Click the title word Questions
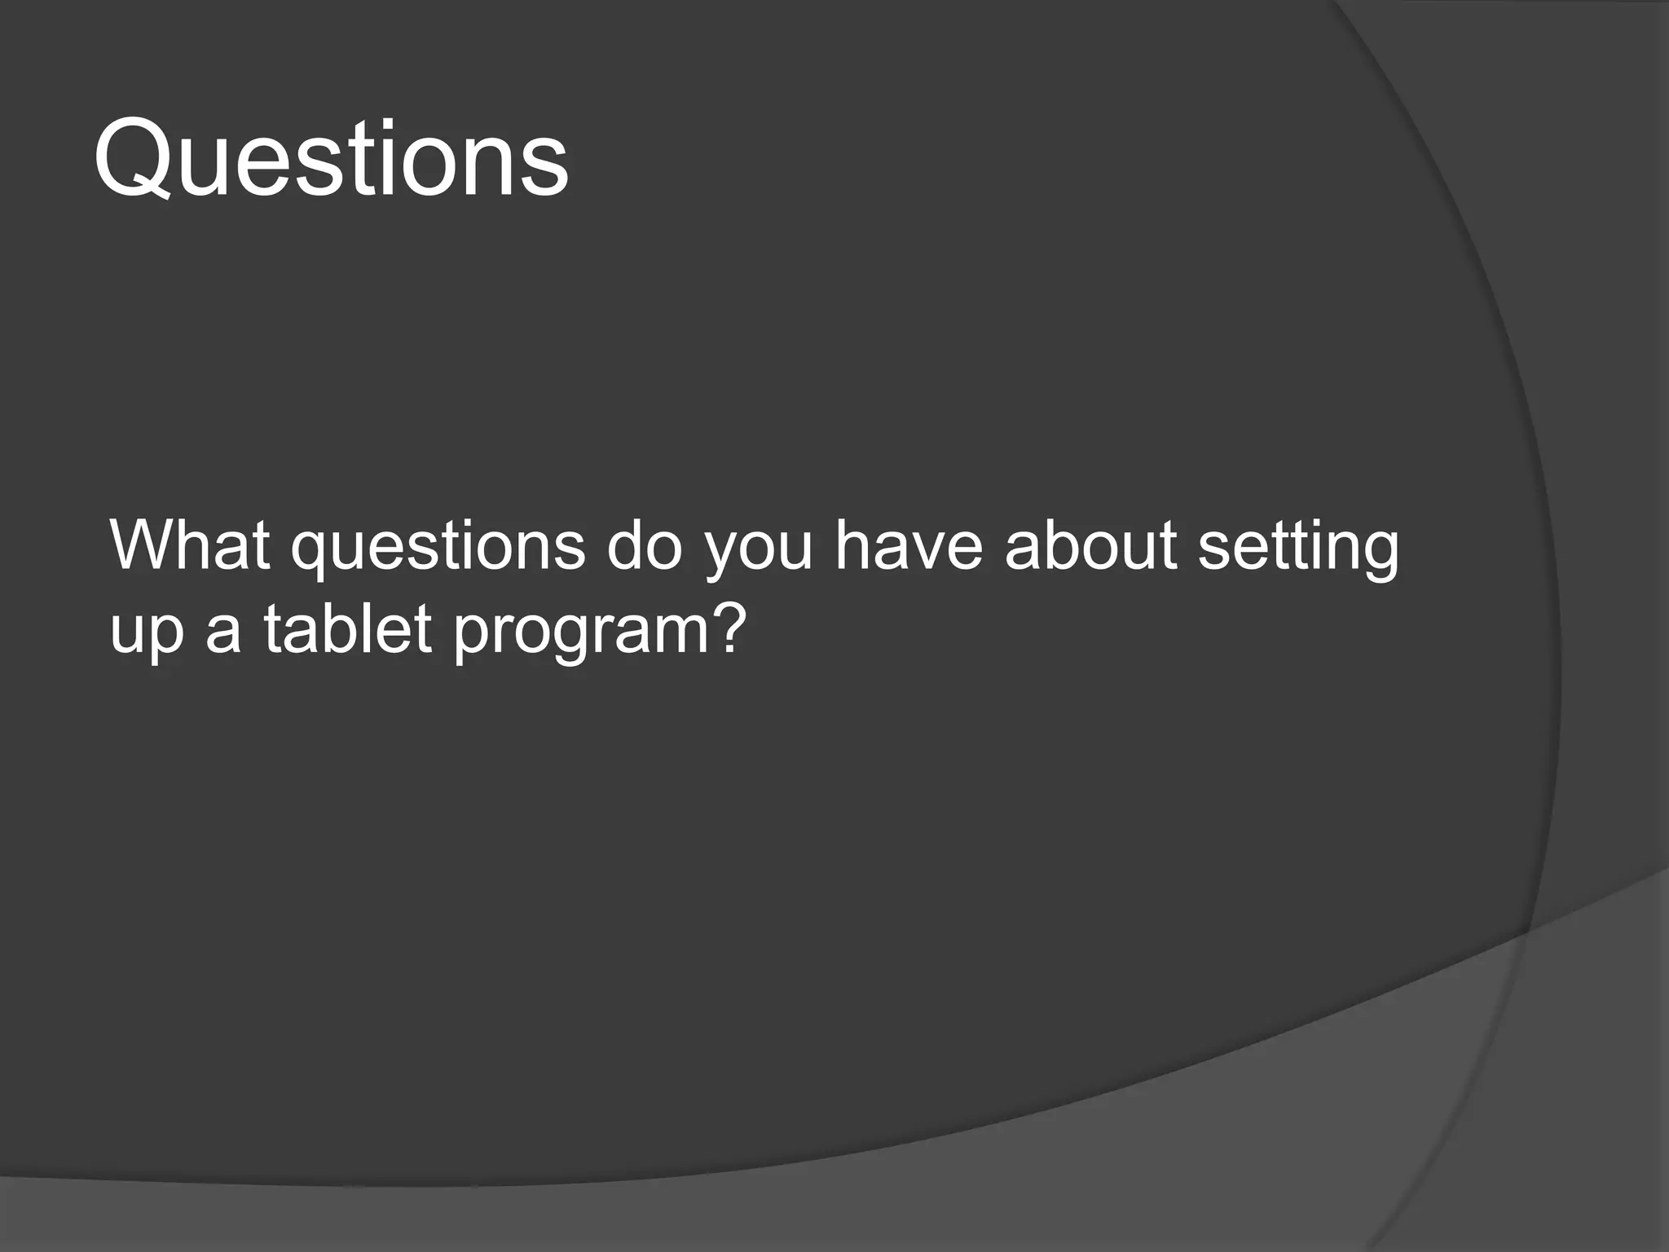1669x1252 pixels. pos(331,158)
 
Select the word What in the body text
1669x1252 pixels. pos(190,544)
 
